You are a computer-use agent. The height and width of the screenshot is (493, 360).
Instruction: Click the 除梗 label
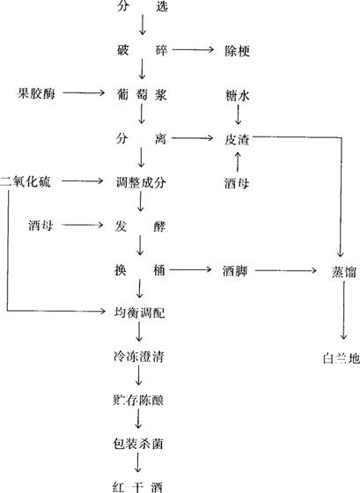(x=238, y=50)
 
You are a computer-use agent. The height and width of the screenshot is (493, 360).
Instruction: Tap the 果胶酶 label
(x=36, y=93)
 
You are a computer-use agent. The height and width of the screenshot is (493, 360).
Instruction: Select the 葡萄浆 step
(x=141, y=94)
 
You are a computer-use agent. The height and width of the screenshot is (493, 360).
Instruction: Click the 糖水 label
(x=238, y=95)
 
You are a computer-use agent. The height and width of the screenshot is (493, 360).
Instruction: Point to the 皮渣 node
(x=237, y=139)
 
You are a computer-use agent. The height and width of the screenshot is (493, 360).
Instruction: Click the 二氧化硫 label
(x=26, y=181)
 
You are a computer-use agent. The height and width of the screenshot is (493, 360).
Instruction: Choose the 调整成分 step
(x=141, y=182)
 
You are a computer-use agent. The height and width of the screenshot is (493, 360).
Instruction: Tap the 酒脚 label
(x=235, y=271)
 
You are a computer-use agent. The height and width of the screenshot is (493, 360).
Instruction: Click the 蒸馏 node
(x=343, y=272)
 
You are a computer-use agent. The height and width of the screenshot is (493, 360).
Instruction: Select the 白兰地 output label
(x=342, y=358)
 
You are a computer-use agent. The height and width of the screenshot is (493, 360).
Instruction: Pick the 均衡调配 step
(x=139, y=313)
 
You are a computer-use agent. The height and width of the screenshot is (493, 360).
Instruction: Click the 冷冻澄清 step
(x=139, y=357)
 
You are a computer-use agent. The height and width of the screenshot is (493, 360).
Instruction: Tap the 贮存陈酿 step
(x=138, y=401)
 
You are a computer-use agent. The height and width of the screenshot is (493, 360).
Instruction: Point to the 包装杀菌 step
(x=138, y=444)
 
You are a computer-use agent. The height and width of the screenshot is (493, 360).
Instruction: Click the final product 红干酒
(x=137, y=488)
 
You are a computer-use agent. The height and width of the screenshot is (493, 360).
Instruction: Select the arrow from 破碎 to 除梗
(x=193, y=49)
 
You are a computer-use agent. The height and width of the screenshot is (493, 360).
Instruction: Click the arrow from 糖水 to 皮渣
(x=238, y=114)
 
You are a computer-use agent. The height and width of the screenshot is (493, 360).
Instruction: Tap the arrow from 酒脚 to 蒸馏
(x=286, y=270)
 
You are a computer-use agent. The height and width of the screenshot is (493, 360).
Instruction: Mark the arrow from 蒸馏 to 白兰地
(x=343, y=310)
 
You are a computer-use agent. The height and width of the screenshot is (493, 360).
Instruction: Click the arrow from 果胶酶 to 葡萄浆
(x=84, y=92)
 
